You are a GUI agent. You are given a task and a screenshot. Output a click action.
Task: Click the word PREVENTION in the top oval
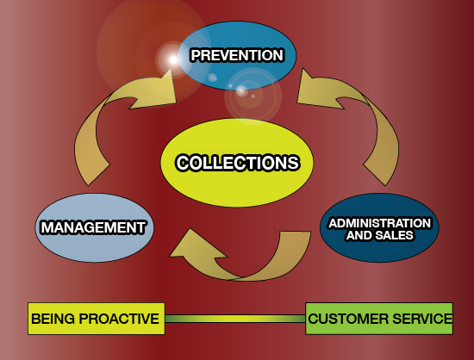[237, 56]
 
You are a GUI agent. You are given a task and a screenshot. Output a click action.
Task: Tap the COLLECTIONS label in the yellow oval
[238, 163]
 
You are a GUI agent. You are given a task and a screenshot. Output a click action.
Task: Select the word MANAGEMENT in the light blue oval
[94, 227]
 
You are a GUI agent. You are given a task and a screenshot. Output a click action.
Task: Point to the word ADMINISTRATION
[380, 223]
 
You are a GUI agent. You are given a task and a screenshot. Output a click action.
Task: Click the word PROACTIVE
[119, 319]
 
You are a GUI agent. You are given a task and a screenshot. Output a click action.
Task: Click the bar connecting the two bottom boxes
[235, 319]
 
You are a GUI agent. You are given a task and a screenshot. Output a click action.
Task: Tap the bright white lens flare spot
[173, 59]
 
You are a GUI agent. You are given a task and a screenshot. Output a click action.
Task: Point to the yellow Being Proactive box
[97, 319]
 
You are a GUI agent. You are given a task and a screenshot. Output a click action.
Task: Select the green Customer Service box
[379, 319]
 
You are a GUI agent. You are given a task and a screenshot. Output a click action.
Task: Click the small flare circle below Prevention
[241, 90]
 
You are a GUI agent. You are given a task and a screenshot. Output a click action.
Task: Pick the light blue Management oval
[94, 227]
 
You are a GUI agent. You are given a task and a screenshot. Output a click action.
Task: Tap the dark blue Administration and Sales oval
[379, 227]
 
